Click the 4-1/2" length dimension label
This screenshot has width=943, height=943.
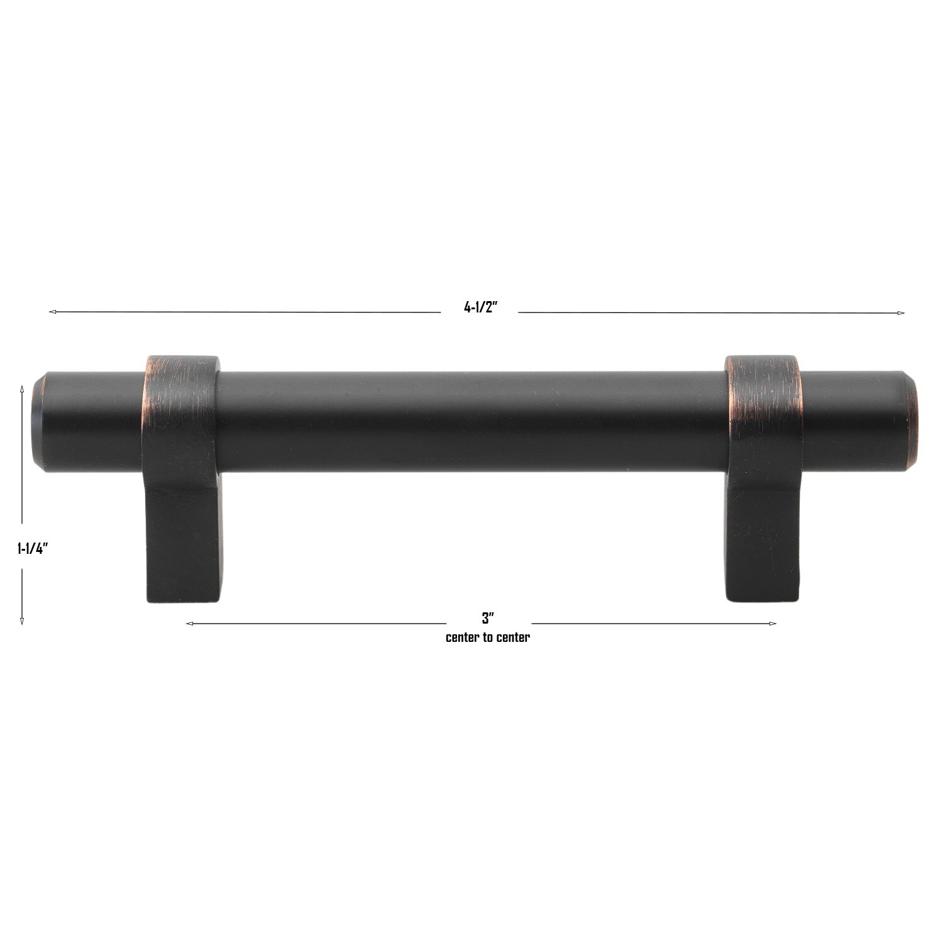point(480,308)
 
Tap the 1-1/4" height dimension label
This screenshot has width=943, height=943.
point(33,548)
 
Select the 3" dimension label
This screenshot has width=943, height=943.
point(488,619)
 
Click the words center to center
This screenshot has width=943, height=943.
point(488,637)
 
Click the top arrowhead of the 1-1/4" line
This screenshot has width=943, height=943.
point(22,389)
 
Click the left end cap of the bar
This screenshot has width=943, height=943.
point(37,421)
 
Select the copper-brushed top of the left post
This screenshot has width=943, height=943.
point(181,383)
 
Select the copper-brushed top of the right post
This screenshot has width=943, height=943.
point(763,383)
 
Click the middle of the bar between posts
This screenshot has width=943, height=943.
point(472,420)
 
